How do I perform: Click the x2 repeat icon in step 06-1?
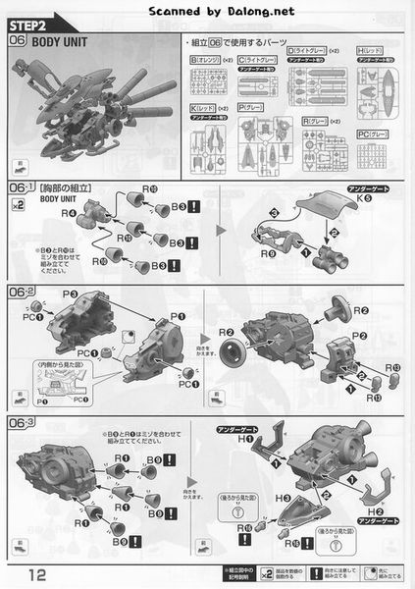pos(19,204)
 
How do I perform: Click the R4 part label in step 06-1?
pos(68,211)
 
